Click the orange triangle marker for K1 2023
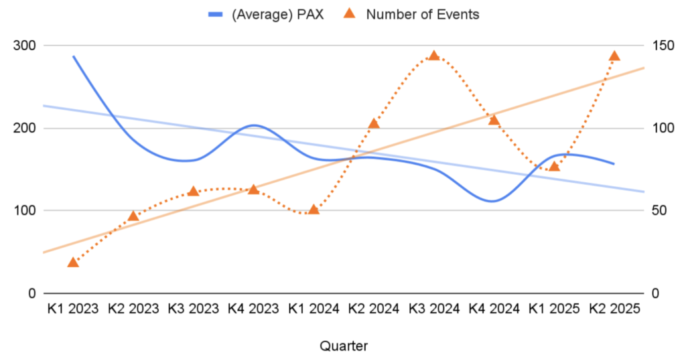(x=73, y=262)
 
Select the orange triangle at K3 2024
(x=433, y=56)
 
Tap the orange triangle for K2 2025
(x=614, y=56)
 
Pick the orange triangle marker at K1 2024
(x=314, y=210)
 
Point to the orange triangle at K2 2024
(x=374, y=123)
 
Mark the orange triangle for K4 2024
(x=494, y=120)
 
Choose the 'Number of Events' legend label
(x=422, y=14)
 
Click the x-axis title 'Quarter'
(x=343, y=346)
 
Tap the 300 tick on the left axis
(x=25, y=46)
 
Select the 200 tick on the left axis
(x=25, y=128)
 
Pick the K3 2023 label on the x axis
(x=193, y=309)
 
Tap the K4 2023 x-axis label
(x=253, y=309)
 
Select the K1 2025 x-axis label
(x=554, y=309)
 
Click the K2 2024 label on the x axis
(x=374, y=309)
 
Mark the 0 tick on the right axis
(x=653, y=293)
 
